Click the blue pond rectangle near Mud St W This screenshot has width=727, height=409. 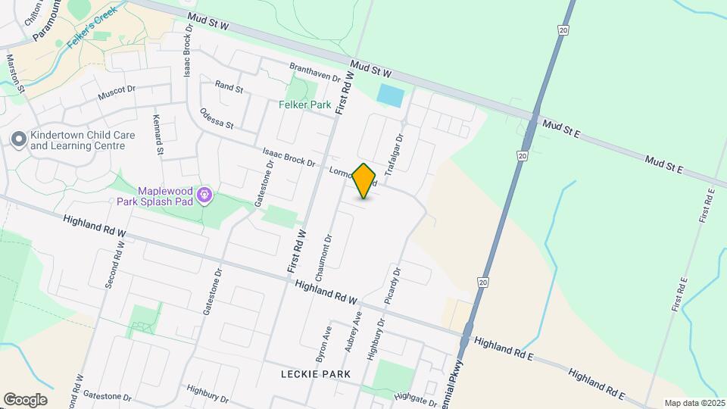point(390,96)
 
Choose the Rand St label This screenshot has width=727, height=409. point(229,89)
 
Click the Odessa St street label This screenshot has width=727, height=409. point(217,118)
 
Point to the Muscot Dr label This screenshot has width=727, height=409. point(116,94)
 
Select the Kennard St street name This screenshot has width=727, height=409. point(158,134)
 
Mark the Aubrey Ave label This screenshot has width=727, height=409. point(351,336)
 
